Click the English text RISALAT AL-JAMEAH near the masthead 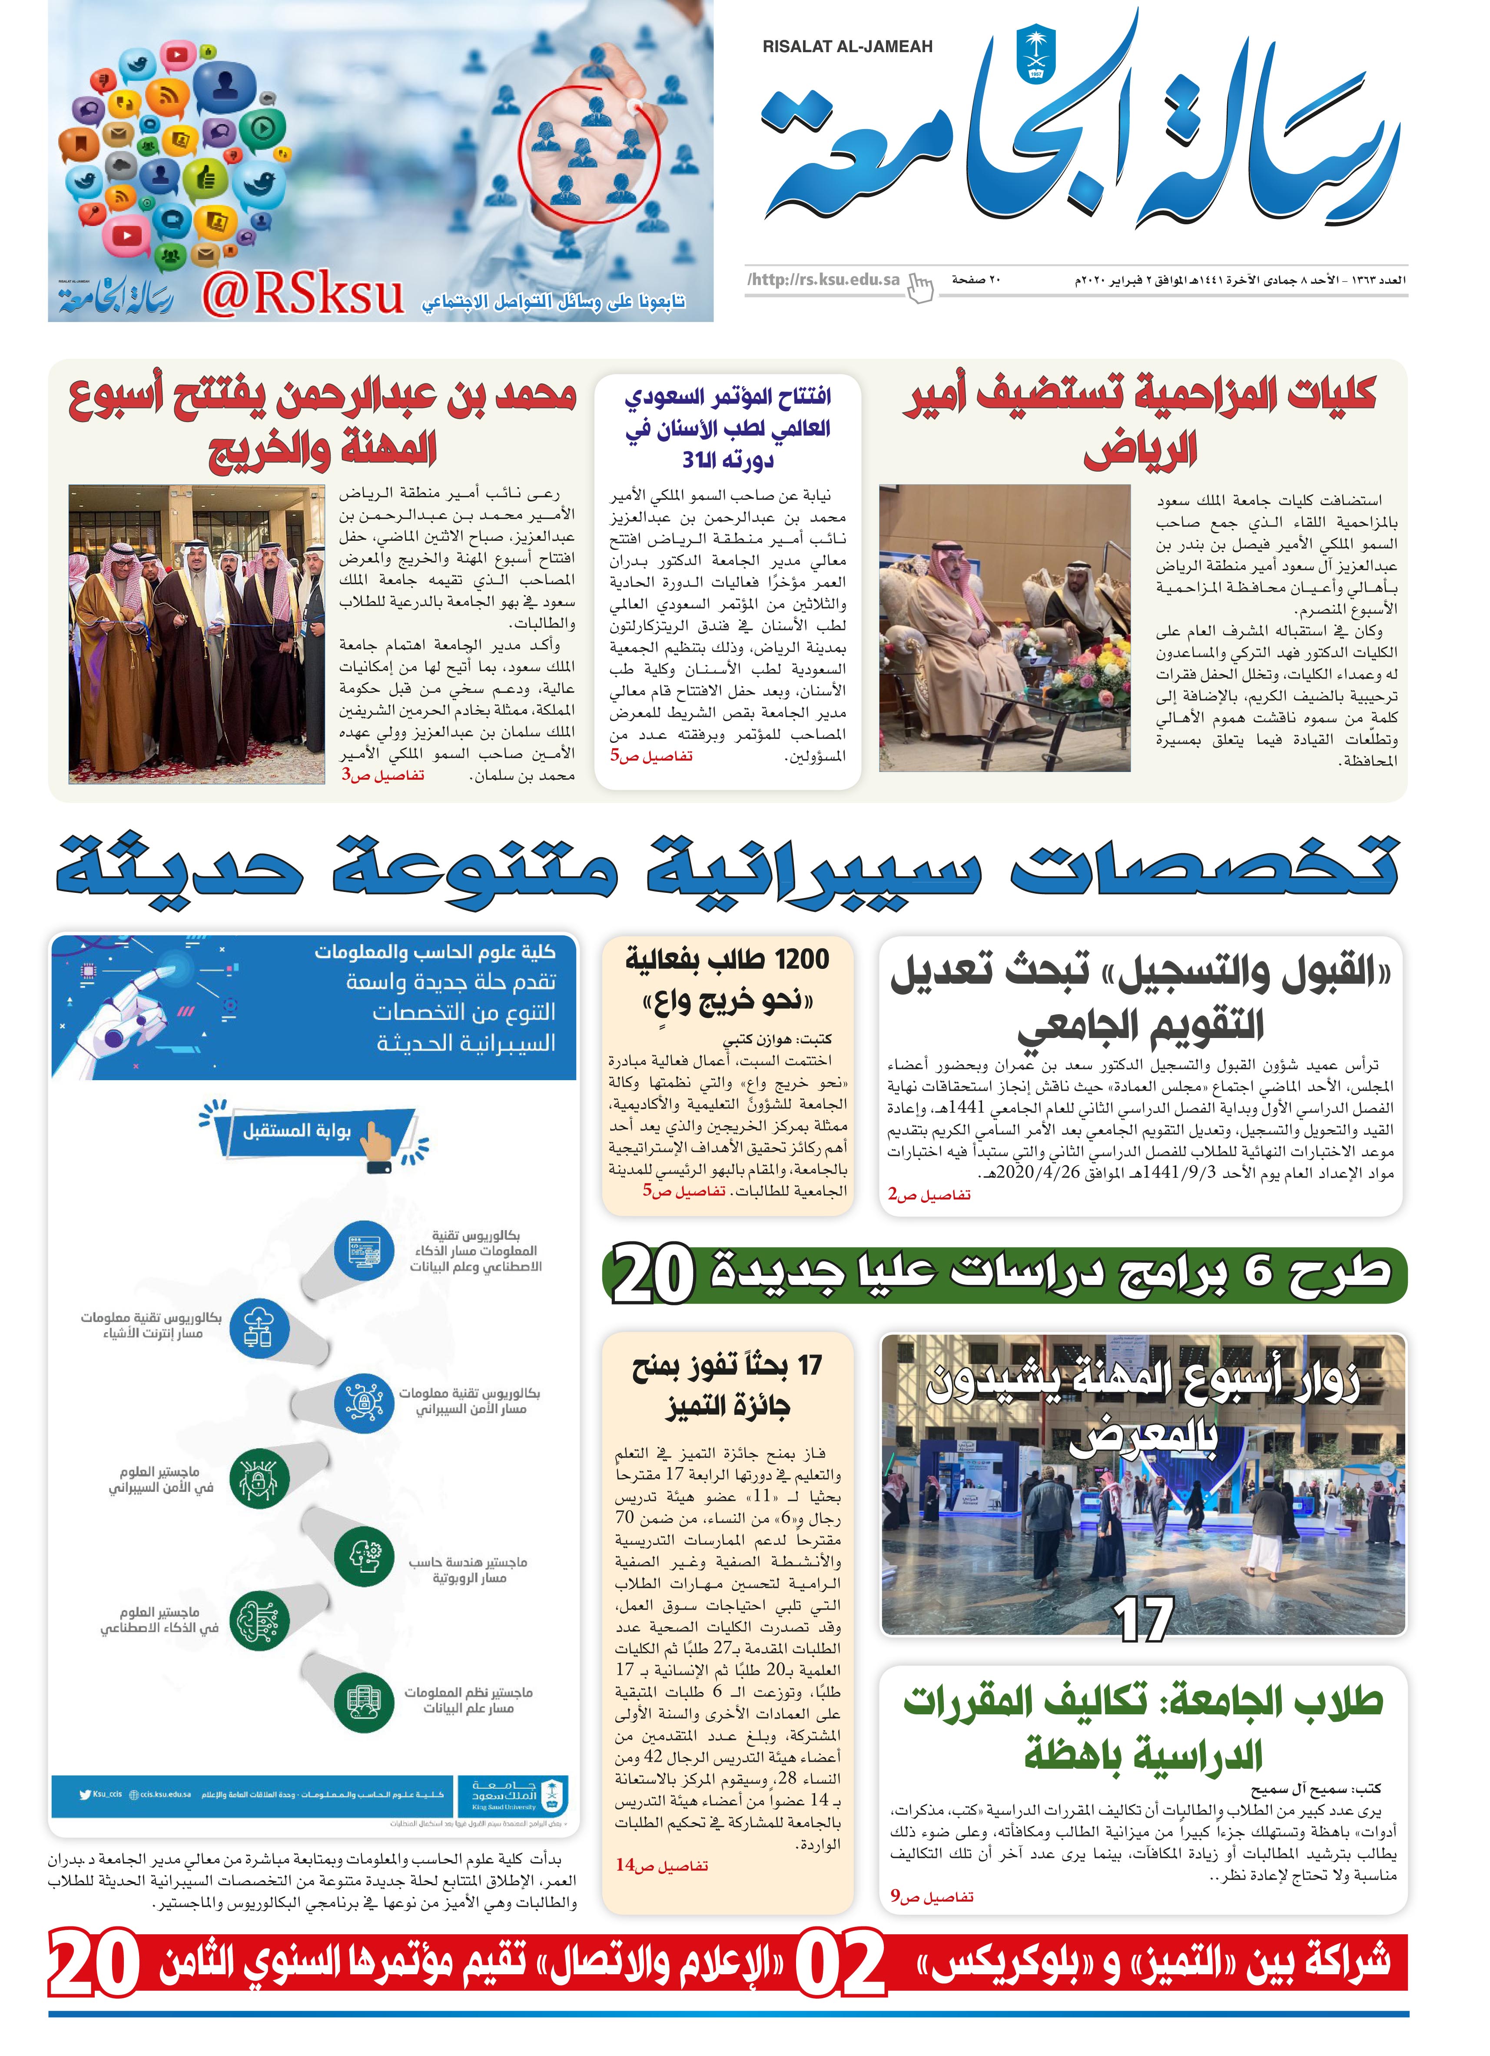pos(847,46)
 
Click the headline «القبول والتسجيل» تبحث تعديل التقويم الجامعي pos(1140,997)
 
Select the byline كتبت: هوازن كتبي pos(778,1040)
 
